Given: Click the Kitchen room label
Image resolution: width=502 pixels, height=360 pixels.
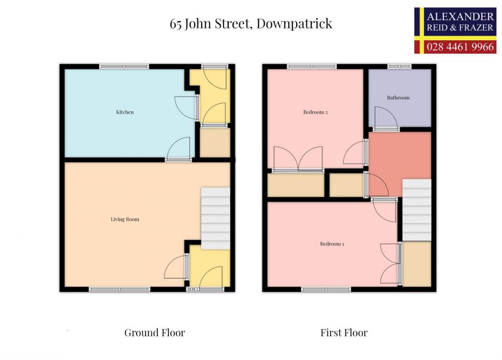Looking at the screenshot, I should pos(124,112).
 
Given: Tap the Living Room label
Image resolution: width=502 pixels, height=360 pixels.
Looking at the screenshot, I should pos(124,219).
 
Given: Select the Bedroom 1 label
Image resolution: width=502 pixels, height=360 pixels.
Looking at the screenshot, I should pos(332,243).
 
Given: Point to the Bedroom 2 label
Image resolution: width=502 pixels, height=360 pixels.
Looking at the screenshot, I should pos(315,112).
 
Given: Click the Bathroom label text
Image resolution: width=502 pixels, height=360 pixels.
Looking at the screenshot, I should pos(398,98).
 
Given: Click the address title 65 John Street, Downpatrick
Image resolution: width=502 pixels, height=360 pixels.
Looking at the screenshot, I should pos(251,23).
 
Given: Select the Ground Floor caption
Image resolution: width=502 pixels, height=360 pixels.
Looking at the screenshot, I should pos(155,333).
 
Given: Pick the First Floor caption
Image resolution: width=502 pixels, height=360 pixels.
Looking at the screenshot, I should pos(344,333).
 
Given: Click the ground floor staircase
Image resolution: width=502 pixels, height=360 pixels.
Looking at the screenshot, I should pos(215,218).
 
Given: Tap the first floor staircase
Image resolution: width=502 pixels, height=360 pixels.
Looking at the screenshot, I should pos(417,210).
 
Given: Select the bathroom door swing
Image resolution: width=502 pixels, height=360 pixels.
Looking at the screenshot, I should pos(385,118).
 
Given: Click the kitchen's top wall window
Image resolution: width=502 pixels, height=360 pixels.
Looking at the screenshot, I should pos(124,66).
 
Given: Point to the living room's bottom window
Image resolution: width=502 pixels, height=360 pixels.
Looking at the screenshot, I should pos(119,289).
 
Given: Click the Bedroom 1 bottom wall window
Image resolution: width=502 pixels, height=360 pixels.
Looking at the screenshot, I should pos(326,289).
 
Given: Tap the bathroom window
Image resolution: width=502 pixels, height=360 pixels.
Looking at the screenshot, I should pos(400,66).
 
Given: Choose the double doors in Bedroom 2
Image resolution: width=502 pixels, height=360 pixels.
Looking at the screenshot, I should pos(297,158).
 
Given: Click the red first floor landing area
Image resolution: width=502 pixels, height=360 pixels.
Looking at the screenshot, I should pos(398,156).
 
